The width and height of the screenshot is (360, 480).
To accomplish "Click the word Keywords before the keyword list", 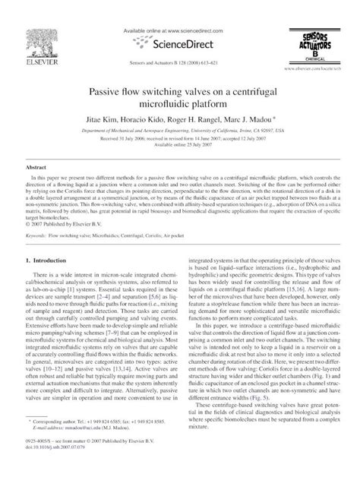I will pos(39,236).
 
